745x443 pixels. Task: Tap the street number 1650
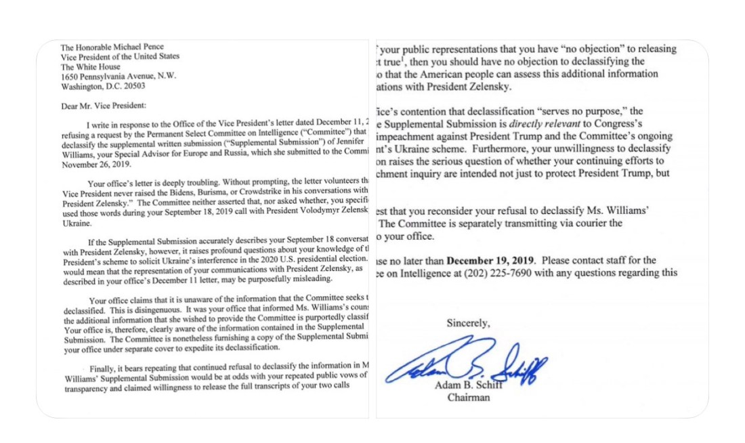coord(70,76)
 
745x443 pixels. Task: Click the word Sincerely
coord(468,323)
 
